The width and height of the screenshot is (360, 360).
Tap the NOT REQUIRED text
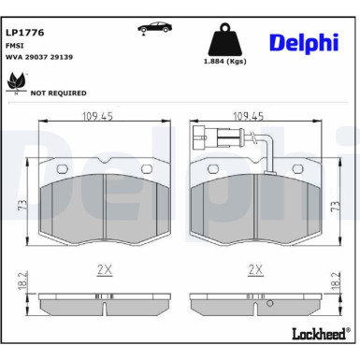59,94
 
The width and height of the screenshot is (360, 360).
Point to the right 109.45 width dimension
248,117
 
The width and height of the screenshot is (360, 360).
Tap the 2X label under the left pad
104,270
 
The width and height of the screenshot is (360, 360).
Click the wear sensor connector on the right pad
198,141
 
